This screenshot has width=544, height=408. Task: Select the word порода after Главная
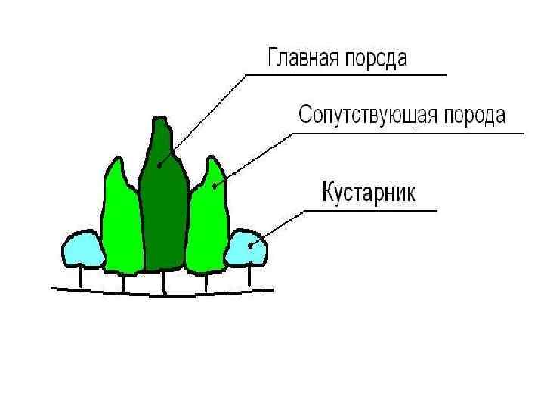pyautogui.click(x=377, y=59)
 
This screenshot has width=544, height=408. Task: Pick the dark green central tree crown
pyautogui.click(x=162, y=204)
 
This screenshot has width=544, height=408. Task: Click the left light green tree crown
pyautogui.click(x=120, y=223)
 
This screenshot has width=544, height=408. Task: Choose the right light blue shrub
pyautogui.click(x=246, y=249)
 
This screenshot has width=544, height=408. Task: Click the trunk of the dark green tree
pyautogui.click(x=164, y=281)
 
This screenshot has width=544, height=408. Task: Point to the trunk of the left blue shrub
pyautogui.click(x=81, y=277)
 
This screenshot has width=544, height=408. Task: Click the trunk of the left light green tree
pyautogui.click(x=123, y=283)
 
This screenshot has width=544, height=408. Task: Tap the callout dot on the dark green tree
pyautogui.click(x=159, y=164)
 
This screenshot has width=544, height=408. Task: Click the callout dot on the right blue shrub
pyautogui.click(x=252, y=244)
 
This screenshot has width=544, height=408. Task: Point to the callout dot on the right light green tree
pyautogui.click(x=215, y=185)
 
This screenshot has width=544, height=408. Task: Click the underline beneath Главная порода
pyautogui.click(x=348, y=75)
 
